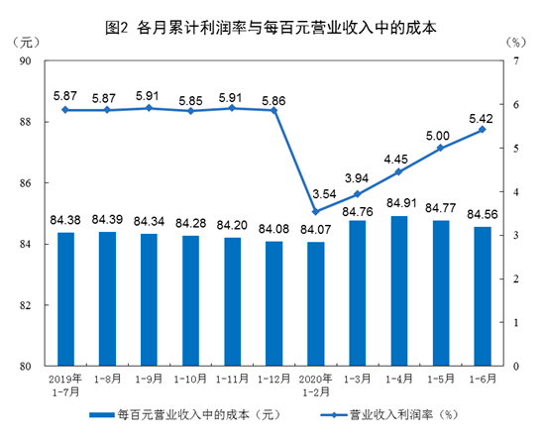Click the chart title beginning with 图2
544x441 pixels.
[x=271, y=27]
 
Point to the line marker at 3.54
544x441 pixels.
[x=316, y=211]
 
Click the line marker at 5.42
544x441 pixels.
[x=483, y=130]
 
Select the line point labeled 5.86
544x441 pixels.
[x=273, y=110]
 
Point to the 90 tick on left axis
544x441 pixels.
[x=26, y=61]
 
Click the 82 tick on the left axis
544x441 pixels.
[x=26, y=305]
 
